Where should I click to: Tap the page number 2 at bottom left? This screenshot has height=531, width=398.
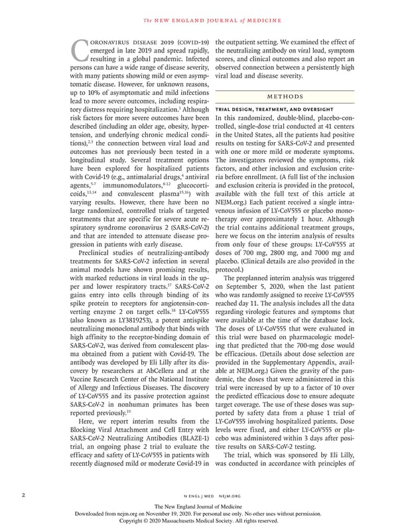25,494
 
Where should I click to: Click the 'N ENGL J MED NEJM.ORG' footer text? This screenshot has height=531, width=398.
198,495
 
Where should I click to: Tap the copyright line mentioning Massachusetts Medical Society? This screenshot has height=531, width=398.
198,521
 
